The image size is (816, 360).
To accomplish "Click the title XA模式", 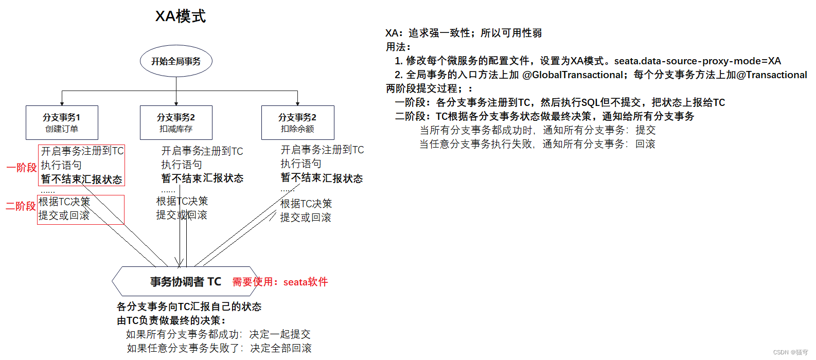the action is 181,16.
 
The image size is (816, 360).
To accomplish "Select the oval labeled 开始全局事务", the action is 176,61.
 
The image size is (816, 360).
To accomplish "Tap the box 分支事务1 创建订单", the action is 62,122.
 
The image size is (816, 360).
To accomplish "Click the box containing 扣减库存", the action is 176,122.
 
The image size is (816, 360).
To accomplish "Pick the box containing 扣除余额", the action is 297,122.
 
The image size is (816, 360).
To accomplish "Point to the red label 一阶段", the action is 21,168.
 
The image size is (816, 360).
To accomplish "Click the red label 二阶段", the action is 21,206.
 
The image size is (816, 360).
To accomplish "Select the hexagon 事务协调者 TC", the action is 185,281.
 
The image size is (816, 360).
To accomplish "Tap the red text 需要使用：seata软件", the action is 280,282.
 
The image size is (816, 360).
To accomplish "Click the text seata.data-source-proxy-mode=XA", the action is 697,61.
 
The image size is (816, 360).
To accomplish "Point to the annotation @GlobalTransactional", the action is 573,75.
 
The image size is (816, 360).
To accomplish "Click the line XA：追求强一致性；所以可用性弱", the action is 463,33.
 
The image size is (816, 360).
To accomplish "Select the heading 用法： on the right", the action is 398,47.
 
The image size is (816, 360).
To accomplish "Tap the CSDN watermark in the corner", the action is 790,352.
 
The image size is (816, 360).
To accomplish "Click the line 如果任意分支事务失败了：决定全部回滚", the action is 219,348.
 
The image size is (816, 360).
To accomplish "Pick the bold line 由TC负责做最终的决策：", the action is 171,320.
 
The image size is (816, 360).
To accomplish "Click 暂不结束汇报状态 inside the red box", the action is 81,179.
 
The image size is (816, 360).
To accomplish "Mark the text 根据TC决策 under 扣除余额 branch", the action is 306,204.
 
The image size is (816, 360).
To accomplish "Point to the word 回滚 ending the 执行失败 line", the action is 645,144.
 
